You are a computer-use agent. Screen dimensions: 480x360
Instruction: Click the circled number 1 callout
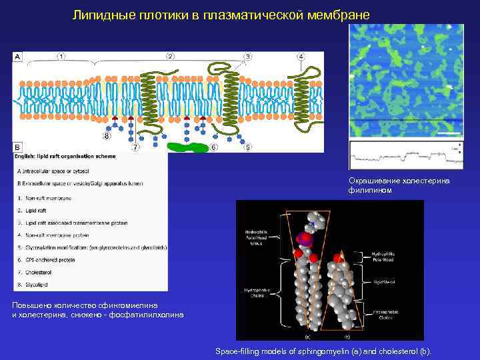coord(61,57)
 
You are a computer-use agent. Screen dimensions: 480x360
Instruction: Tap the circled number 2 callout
coord(171,57)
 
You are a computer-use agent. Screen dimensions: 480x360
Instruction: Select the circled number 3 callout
coord(248,57)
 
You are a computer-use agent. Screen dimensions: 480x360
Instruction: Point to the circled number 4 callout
coord(301,57)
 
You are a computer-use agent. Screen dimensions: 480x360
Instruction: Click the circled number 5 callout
coord(248,147)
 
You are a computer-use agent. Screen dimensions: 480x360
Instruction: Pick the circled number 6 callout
coord(213,147)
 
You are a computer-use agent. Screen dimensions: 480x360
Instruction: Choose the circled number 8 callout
coord(107,137)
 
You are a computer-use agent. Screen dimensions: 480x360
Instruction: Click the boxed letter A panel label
coord(17,57)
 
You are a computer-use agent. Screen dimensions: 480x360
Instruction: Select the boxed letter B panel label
coord(17,147)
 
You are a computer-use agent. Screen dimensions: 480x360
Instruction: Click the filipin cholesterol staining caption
coord(399,185)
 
